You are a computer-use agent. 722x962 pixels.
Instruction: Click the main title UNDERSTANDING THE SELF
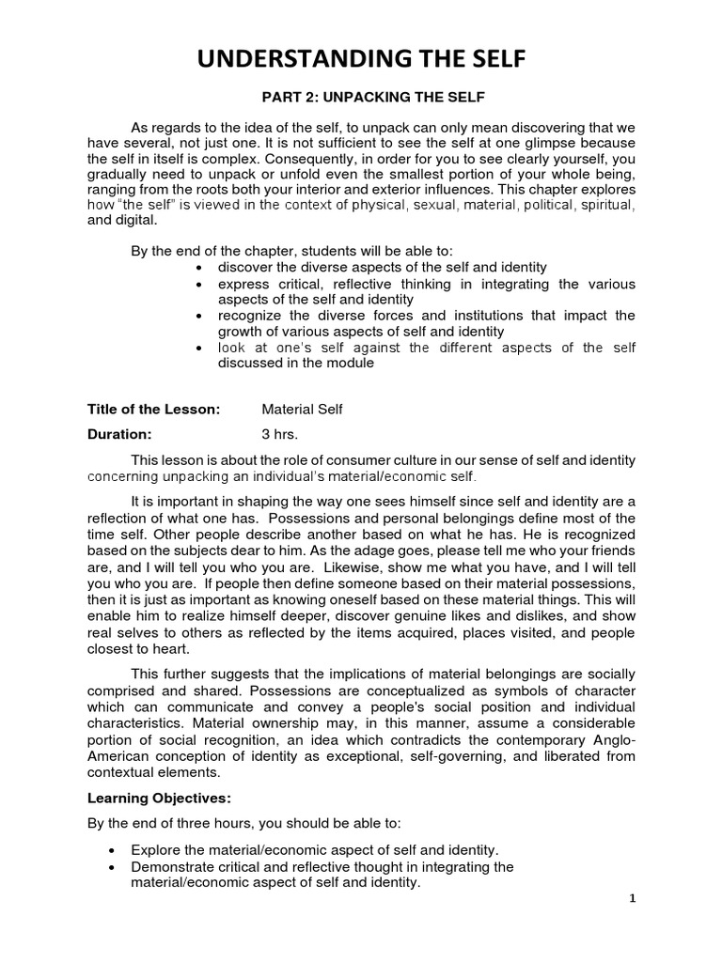[x=361, y=61]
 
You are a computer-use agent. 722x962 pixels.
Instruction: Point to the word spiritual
[x=608, y=205]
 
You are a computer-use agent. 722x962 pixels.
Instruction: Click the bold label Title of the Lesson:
[x=153, y=409]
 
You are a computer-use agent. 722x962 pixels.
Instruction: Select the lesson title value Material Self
[x=303, y=409]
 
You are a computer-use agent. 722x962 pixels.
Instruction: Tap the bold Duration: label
[x=118, y=434]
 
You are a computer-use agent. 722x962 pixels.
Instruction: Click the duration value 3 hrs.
[x=279, y=434]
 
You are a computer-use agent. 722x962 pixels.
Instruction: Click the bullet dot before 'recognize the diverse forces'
[x=198, y=316]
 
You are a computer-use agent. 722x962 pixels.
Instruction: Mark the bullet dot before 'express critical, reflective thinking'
[x=198, y=284]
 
